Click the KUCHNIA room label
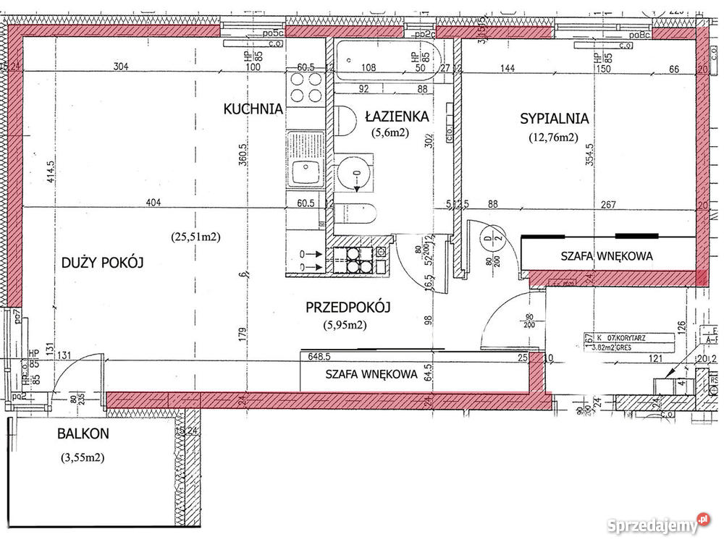point(253,109)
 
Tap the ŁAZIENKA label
point(397,116)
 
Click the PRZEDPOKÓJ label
point(348,308)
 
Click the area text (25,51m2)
point(195,236)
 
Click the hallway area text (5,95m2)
point(345,325)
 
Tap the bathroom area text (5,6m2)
point(392,132)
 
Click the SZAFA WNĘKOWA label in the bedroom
point(607,256)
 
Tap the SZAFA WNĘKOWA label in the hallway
point(371,374)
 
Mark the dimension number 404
point(151,203)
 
